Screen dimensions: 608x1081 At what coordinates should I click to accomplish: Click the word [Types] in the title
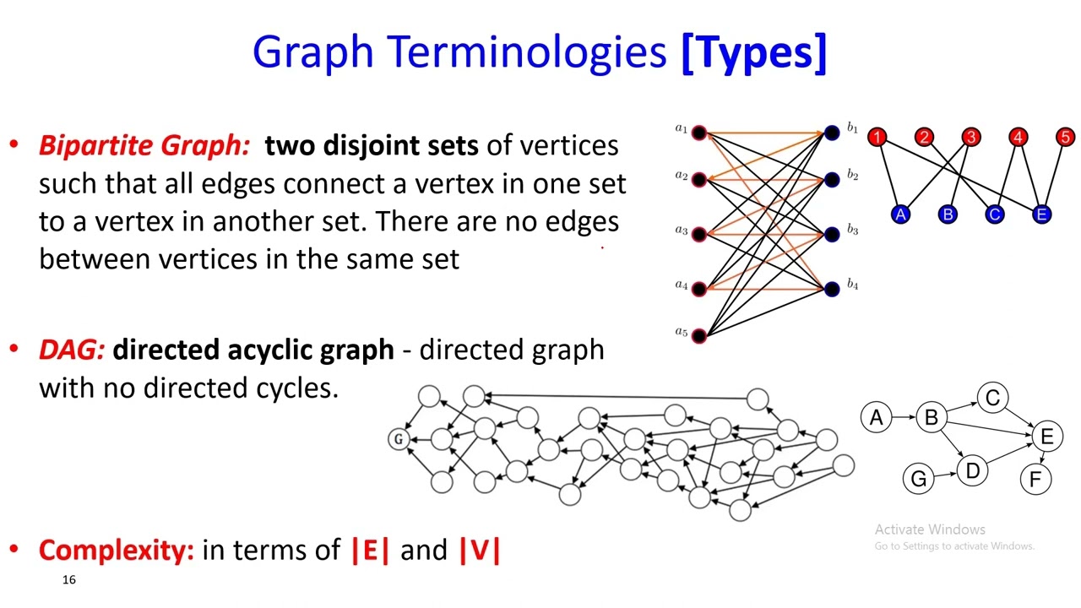753,52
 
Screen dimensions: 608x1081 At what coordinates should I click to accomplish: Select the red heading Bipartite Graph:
144,145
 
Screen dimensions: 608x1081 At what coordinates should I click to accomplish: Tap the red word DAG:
72,350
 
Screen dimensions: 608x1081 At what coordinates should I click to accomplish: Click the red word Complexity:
117,550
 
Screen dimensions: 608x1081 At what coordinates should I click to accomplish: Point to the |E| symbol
370,550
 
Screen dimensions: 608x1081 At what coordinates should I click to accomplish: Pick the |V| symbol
480,550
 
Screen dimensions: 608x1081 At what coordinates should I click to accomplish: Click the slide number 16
68,579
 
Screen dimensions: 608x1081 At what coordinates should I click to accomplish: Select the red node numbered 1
877,137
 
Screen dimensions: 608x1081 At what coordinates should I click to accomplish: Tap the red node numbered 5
1065,137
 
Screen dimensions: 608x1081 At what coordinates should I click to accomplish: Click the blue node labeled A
901,214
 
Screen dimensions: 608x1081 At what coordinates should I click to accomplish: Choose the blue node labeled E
1041,214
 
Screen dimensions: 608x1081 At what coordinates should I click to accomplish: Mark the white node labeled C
992,399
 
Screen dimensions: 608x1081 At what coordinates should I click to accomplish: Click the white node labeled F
1035,480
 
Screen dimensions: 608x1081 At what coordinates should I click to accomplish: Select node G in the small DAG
918,479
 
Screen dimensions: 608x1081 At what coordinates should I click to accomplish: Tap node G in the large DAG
399,439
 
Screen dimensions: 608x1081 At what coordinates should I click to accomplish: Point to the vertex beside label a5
699,336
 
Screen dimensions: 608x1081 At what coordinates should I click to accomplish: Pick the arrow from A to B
904,417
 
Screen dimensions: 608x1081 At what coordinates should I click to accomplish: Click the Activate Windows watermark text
930,529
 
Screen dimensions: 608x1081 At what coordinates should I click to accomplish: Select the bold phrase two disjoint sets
371,145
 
